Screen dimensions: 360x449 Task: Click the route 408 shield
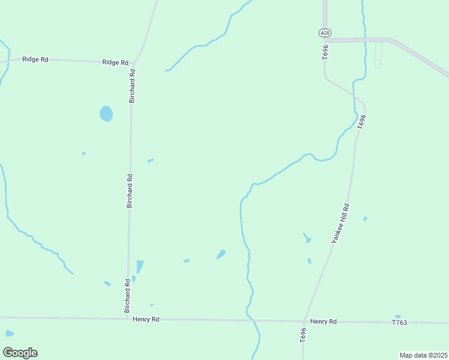(x=325, y=32)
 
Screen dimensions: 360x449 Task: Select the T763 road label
(x=399, y=323)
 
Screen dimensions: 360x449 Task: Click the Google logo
(x=20, y=353)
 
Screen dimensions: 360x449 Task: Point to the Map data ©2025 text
(x=423, y=355)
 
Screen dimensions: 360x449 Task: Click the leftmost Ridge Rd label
(x=35, y=59)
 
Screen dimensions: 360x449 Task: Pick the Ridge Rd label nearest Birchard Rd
(x=115, y=62)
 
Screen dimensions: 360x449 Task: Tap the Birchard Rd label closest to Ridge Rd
(x=132, y=86)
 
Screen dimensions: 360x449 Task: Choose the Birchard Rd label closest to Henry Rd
(x=127, y=295)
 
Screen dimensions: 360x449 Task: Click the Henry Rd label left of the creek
(x=146, y=320)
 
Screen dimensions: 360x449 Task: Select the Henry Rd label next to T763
(x=324, y=322)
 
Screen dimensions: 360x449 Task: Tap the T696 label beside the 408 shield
(x=325, y=52)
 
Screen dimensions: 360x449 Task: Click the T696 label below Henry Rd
(x=304, y=335)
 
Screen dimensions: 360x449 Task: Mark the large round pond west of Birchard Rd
(x=106, y=113)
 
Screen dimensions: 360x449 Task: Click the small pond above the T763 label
(x=397, y=316)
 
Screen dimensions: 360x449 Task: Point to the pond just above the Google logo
(x=9, y=333)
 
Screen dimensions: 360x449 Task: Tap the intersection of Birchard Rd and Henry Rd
(x=127, y=319)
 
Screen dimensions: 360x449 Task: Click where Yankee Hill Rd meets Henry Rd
(x=305, y=321)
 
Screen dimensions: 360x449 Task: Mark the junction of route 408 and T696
(x=325, y=40)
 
